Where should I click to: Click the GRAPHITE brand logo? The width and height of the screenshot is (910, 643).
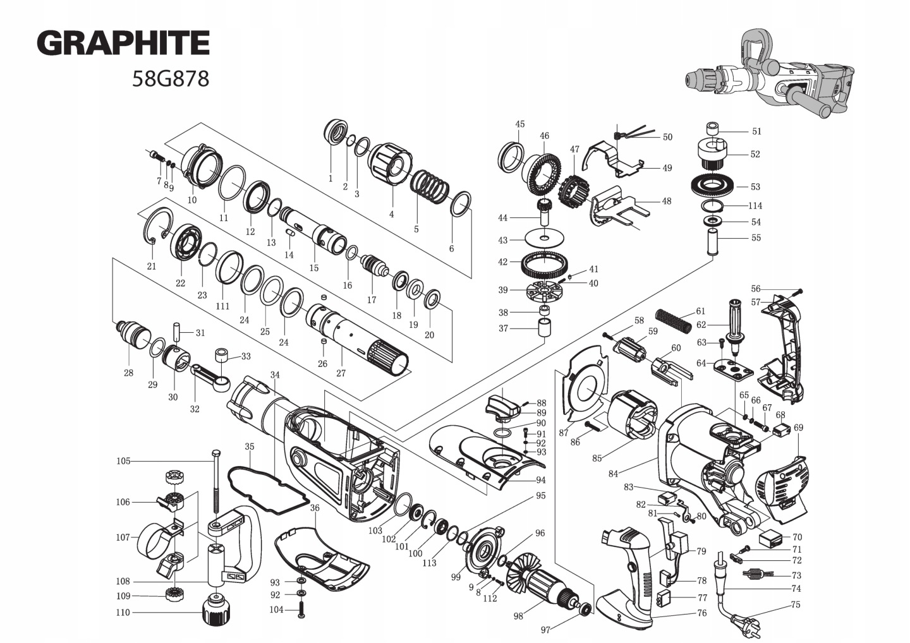(x=123, y=43)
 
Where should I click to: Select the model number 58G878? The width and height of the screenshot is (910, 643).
(x=170, y=79)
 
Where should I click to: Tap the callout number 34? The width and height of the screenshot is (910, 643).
(x=274, y=375)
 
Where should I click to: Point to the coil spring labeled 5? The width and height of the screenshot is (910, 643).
(x=430, y=184)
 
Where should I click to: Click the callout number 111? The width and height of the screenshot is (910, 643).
(x=222, y=306)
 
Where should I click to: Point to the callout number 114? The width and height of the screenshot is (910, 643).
(x=755, y=206)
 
